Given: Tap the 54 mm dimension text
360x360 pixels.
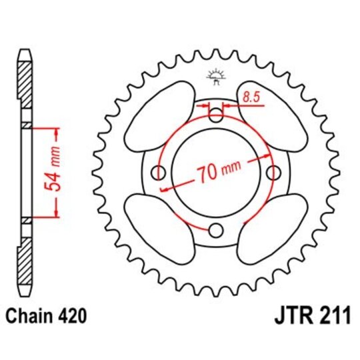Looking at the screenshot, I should [57, 172].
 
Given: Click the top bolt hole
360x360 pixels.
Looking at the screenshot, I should [216, 115].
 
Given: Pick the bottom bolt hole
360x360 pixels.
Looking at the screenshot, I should [216, 231].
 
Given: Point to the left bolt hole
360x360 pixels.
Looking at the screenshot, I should [159, 173].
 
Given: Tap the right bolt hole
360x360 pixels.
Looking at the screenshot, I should [274, 173].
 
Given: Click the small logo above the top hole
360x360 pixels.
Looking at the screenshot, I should [215, 75].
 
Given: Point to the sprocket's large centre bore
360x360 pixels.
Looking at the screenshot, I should [216, 173].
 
